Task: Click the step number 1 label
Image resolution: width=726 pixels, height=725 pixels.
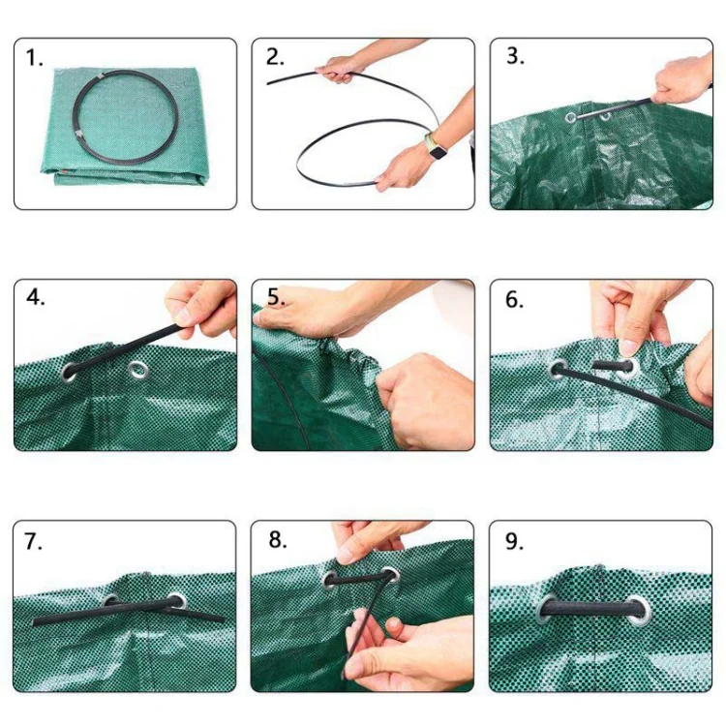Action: point(35,58)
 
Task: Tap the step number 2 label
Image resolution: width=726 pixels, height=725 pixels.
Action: point(275,57)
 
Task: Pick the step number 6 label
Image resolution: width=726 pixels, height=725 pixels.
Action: point(514,299)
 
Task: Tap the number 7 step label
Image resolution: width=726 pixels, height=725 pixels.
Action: point(34,541)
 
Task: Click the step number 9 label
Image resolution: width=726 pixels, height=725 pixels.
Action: point(514,541)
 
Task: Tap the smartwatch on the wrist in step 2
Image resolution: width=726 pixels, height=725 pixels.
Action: point(435,149)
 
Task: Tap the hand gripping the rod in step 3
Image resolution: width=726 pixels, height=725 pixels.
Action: point(683,80)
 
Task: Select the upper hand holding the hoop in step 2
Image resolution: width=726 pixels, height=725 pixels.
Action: point(341,68)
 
